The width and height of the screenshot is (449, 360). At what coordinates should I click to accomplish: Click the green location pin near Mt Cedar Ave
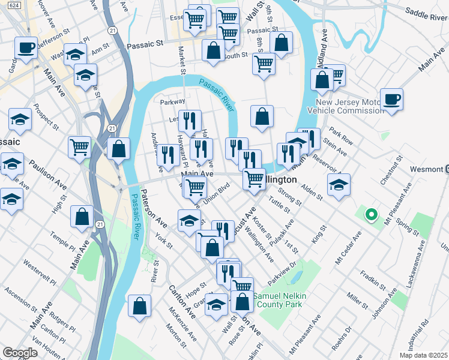pyautogui.click(x=371, y=214)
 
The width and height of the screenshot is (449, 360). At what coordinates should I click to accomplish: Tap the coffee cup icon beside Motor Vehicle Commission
pyautogui.click(x=391, y=99)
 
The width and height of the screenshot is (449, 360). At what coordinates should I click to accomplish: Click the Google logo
pyautogui.click(x=20, y=353)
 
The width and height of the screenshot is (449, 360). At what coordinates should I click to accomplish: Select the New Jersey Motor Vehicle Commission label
pyautogui.click(x=345, y=106)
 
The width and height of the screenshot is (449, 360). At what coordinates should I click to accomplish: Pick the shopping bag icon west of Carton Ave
pyautogui.click(x=139, y=305)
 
